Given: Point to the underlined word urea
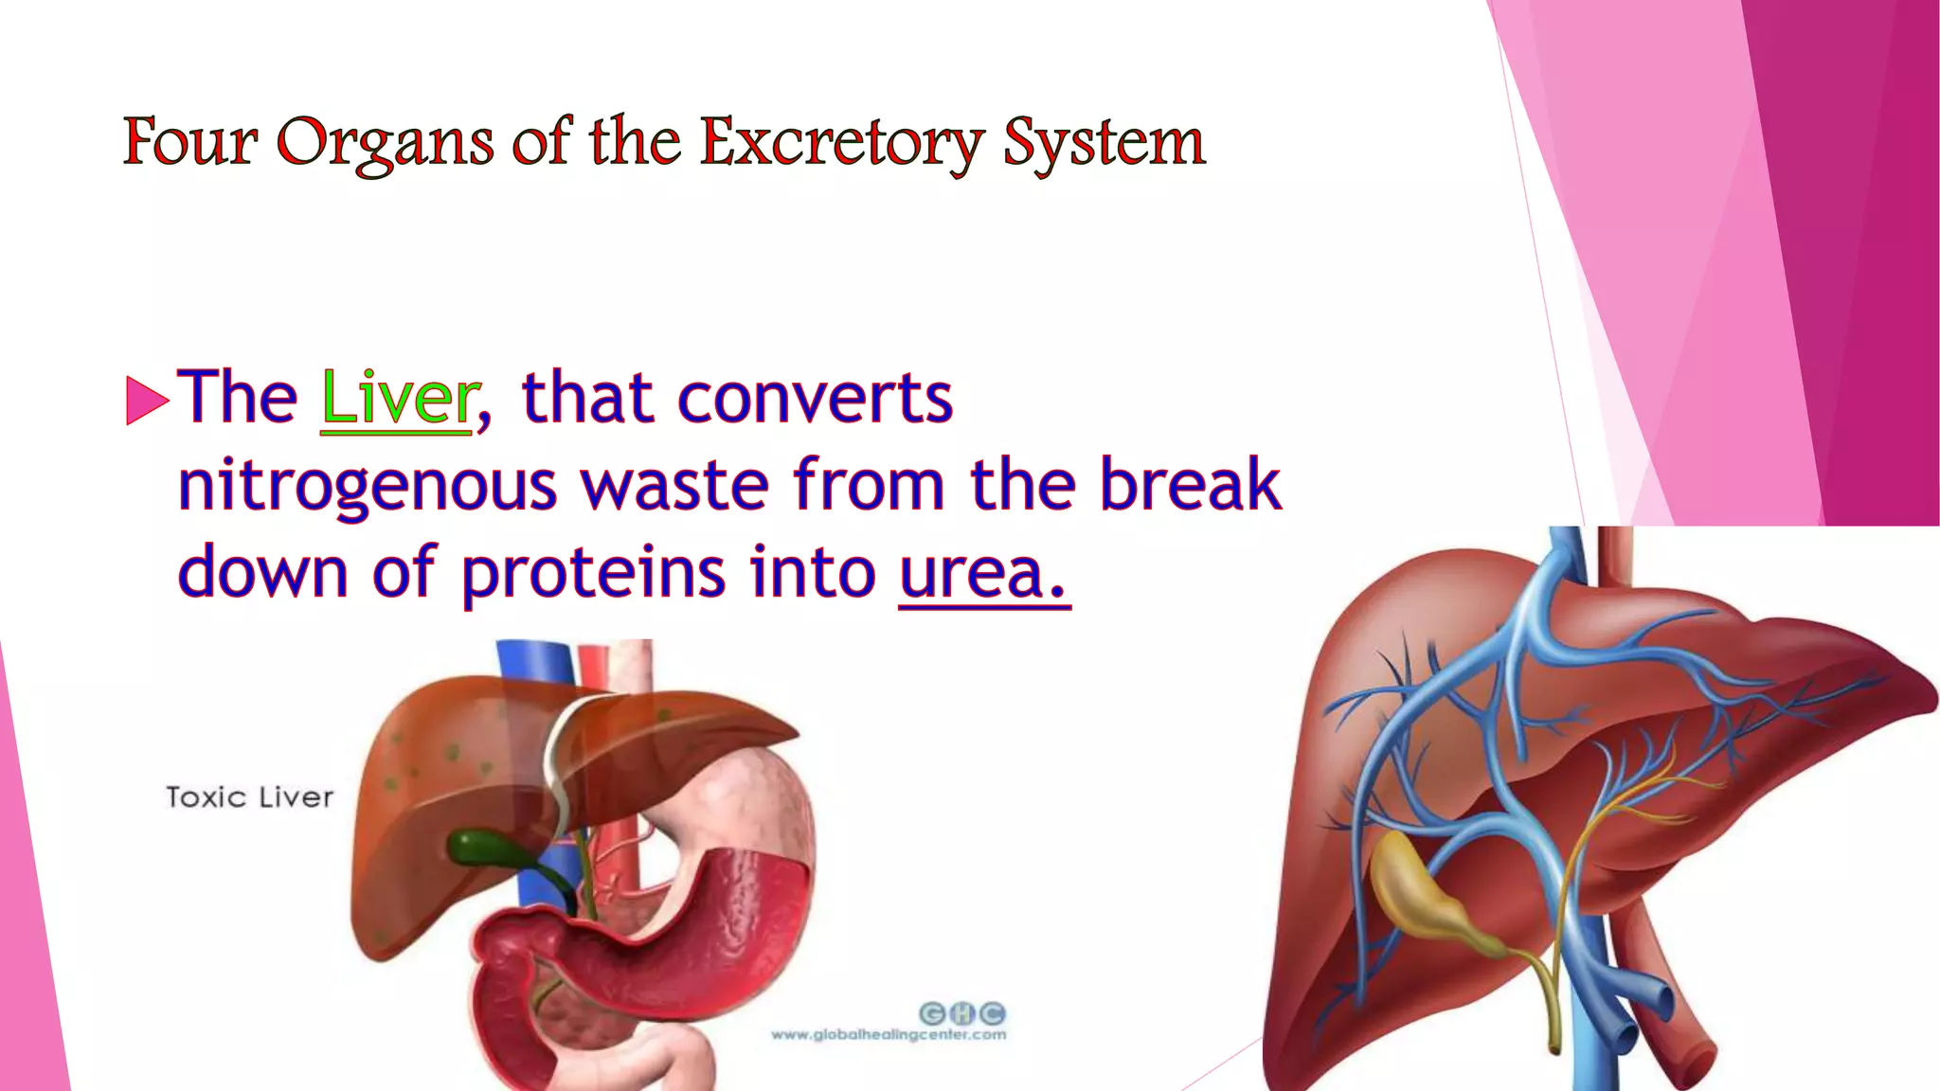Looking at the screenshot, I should [x=982, y=573].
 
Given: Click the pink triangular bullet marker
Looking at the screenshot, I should [x=146, y=400].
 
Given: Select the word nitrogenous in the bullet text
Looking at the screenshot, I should [x=368, y=485].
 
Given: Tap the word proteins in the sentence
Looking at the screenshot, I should [x=593, y=573].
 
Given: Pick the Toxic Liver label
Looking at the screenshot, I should [x=250, y=797].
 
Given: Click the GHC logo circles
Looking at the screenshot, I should [x=961, y=1013].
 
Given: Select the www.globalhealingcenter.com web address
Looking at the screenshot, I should [x=889, y=1035].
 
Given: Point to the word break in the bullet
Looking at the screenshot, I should [x=1190, y=485].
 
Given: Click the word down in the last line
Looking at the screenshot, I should [x=263, y=573].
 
